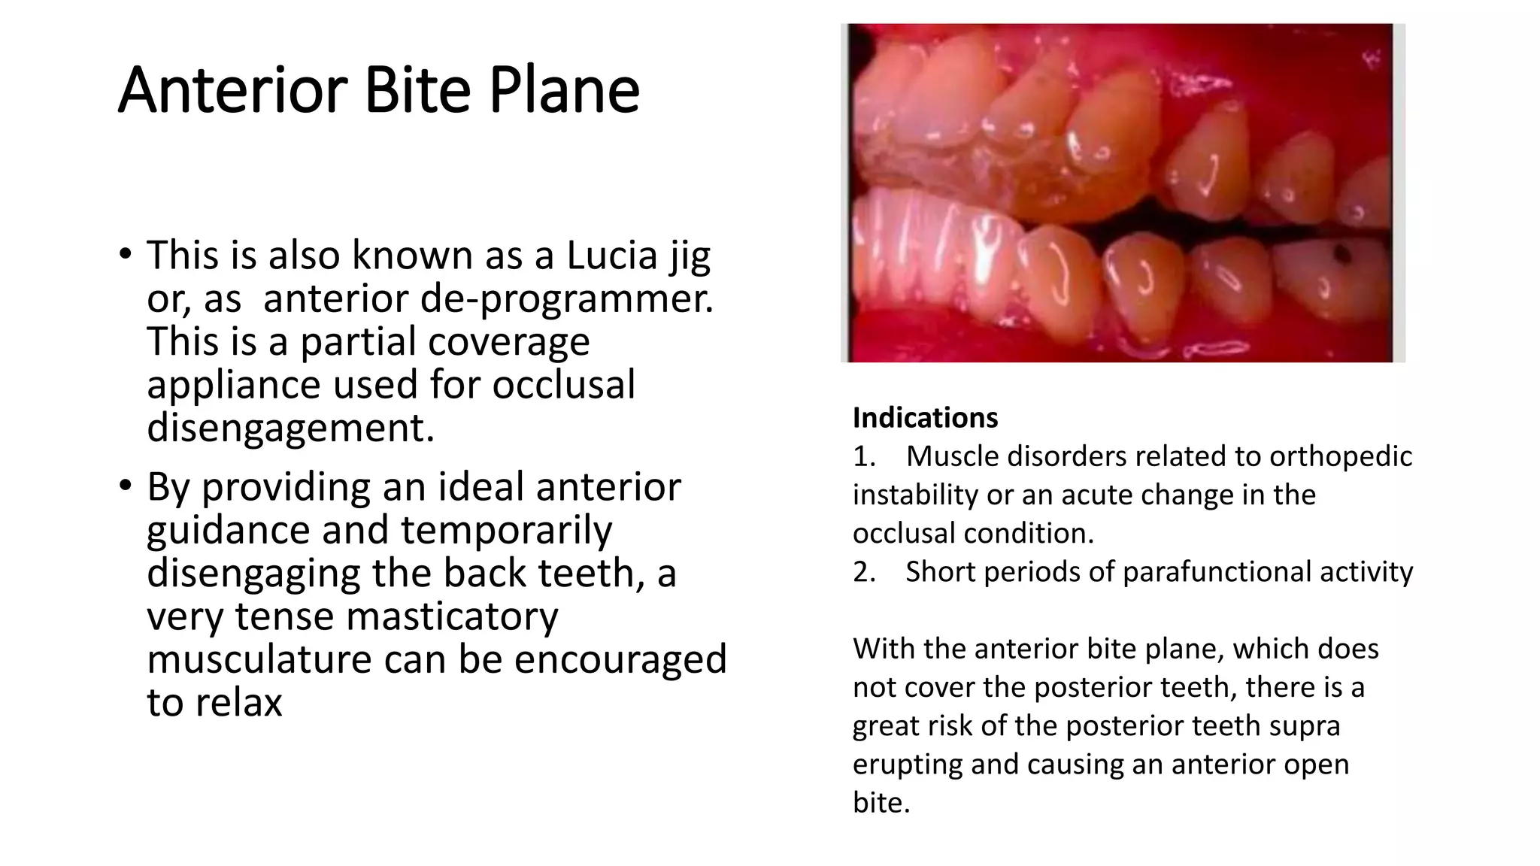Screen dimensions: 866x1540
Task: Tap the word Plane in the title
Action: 564,90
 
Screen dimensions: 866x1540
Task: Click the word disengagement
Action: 290,428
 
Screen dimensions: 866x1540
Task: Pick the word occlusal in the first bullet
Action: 563,385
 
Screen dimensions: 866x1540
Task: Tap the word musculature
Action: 259,659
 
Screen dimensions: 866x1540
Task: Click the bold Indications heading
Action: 925,418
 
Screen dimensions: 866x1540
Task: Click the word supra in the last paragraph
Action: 1313,725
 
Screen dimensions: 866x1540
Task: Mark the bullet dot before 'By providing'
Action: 126,486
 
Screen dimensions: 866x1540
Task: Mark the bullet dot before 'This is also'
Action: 126,254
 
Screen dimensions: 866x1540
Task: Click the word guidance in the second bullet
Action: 228,530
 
